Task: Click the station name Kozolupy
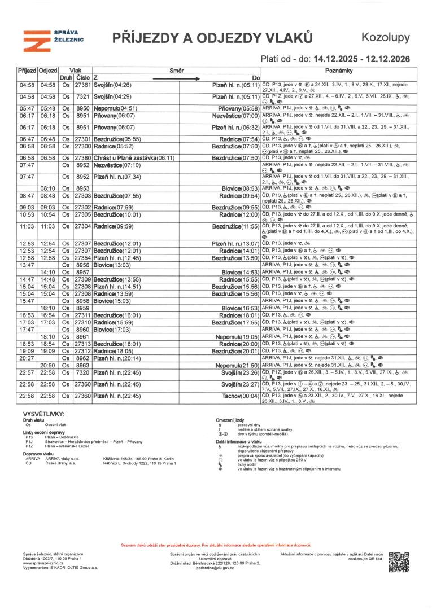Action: coord(385,38)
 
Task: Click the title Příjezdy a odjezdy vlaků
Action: coord(212,38)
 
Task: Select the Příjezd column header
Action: coord(27,71)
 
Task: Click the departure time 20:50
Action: coord(47,365)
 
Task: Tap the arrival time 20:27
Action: coord(27,358)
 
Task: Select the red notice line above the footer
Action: coord(216,546)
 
